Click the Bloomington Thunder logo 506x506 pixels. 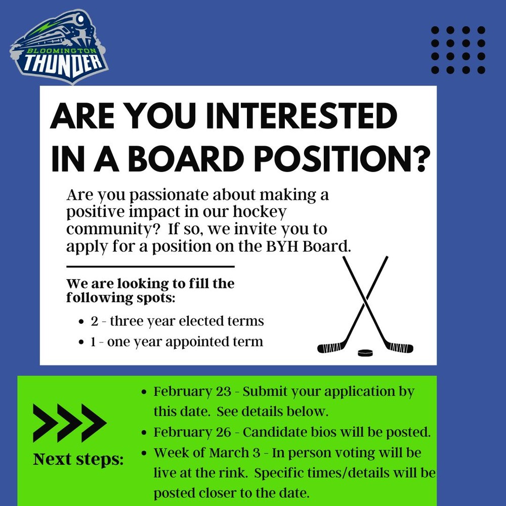(x=59, y=47)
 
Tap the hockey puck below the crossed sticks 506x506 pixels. (x=365, y=352)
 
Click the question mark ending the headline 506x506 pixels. (x=421, y=158)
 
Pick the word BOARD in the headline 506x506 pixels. (x=185, y=158)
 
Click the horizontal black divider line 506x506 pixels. (x=150, y=267)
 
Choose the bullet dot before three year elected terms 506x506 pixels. (x=81, y=322)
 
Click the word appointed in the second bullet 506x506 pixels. (x=197, y=342)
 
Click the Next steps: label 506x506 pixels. (x=78, y=459)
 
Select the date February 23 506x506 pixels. (x=192, y=392)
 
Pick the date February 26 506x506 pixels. (x=192, y=432)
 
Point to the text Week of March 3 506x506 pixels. (x=207, y=453)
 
